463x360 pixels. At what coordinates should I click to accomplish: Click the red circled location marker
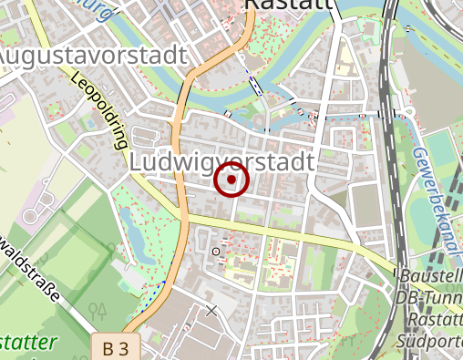231,180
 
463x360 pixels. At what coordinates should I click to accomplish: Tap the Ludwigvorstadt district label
222,161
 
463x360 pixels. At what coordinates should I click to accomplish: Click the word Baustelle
430,276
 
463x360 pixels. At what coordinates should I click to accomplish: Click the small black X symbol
211,311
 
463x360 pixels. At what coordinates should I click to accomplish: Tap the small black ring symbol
216,250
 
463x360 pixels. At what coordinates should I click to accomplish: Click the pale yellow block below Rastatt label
345,59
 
